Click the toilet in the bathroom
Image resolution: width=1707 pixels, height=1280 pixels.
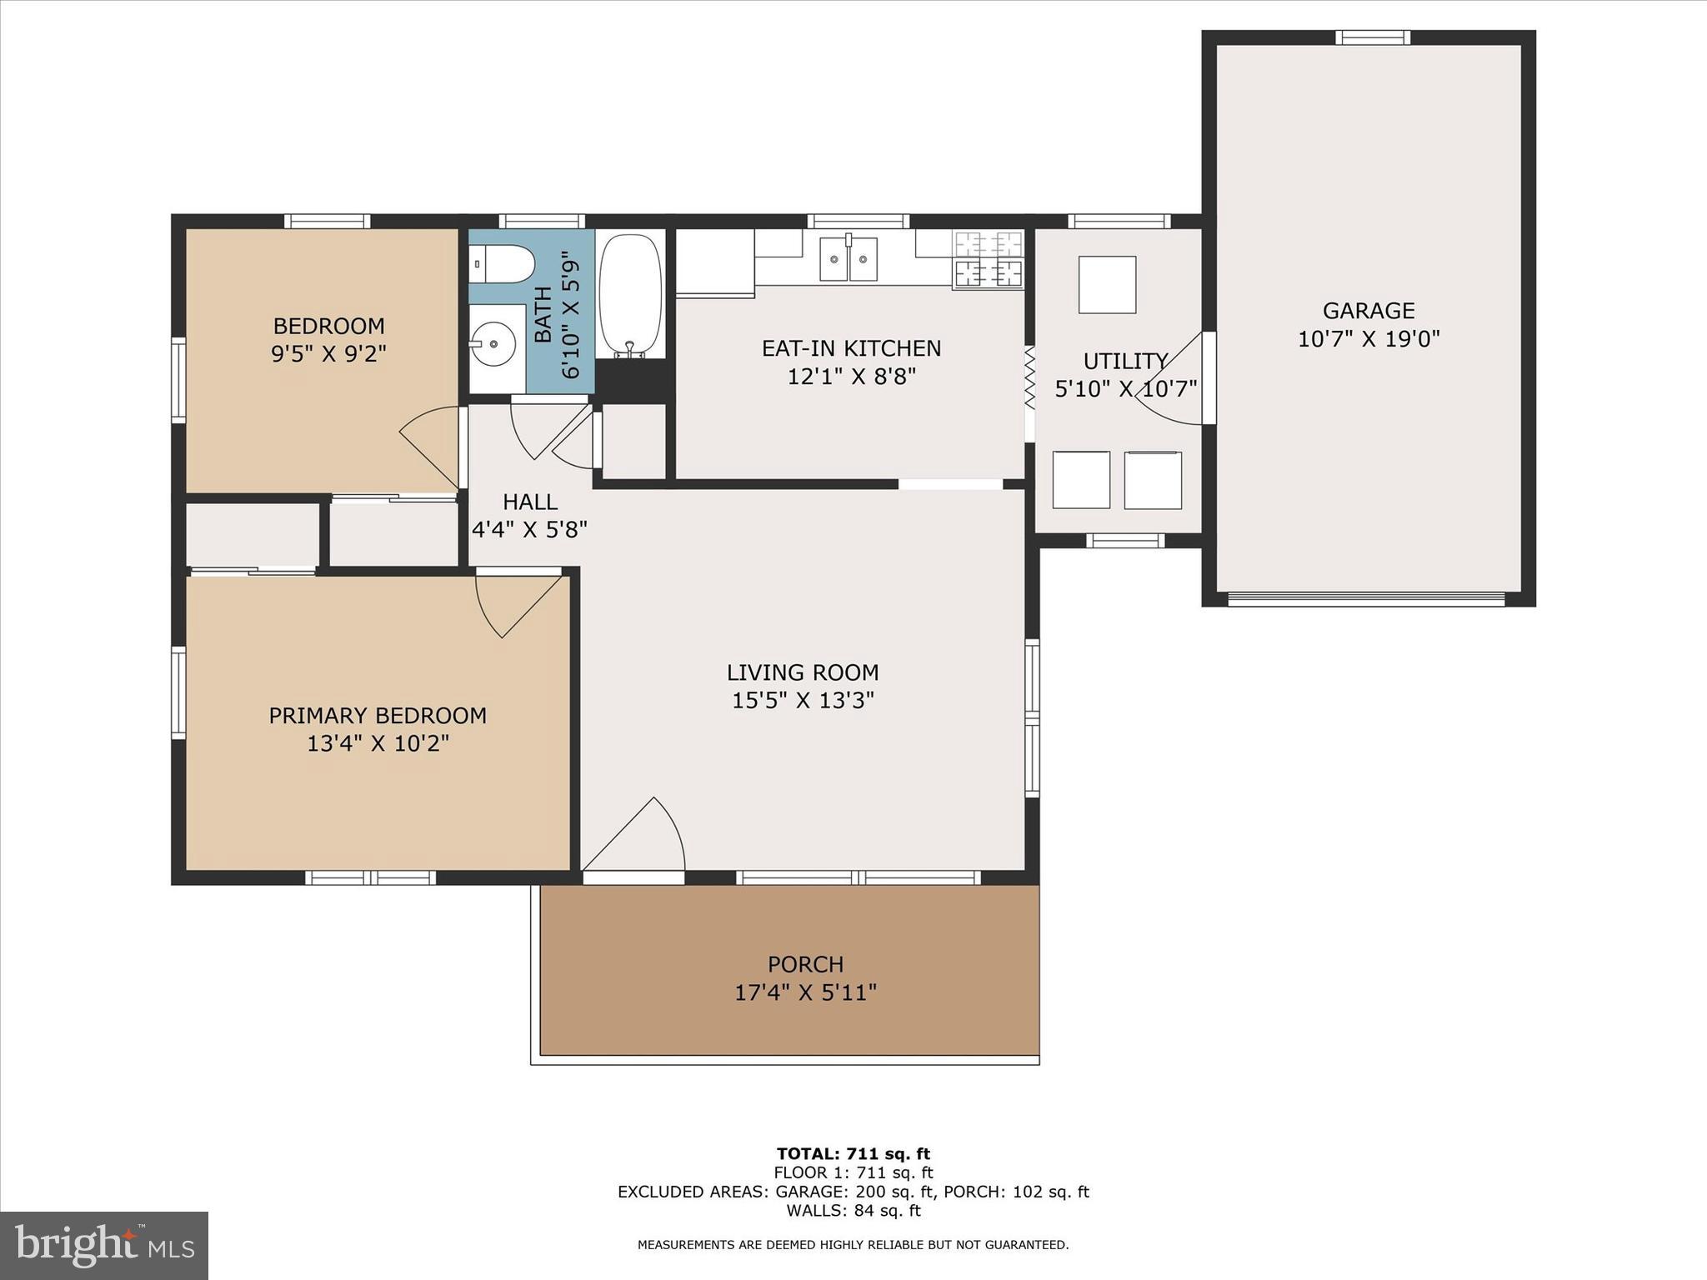point(503,263)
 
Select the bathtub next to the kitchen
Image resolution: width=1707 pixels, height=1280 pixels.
point(631,294)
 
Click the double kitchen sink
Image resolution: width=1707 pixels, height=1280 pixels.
point(848,258)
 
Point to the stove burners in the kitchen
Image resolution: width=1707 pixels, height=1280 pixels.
point(989,259)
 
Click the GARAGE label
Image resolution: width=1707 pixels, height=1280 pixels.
point(1369,311)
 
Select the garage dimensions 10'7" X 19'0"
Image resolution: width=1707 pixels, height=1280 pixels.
point(1369,339)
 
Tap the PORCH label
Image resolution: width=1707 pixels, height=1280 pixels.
point(805,964)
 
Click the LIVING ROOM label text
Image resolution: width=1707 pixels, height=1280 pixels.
point(802,672)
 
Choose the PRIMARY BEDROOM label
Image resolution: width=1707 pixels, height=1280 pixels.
point(378,715)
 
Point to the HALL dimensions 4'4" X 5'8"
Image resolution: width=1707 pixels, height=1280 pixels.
point(530,529)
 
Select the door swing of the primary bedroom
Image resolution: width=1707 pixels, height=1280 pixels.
point(513,602)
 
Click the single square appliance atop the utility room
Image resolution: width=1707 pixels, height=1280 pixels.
point(1107,285)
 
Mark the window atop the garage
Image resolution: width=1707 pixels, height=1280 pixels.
point(1372,37)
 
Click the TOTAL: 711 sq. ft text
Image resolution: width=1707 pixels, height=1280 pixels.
point(853,1154)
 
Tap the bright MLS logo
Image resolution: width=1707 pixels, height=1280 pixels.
point(104,1246)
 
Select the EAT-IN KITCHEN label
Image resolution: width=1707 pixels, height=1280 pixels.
point(851,348)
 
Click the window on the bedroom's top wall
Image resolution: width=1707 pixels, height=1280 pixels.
point(327,221)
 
